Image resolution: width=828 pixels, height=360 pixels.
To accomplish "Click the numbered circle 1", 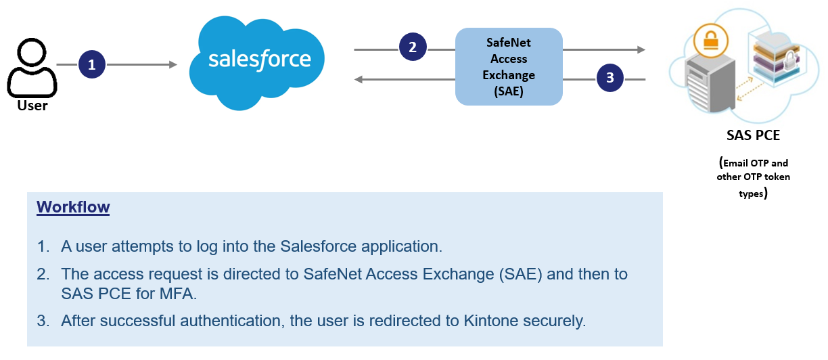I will tap(92, 65).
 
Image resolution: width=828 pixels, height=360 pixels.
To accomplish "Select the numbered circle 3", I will tap(609, 78).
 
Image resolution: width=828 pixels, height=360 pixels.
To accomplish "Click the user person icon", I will tap(32, 69).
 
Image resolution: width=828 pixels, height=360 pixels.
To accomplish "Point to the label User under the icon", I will tap(32, 106).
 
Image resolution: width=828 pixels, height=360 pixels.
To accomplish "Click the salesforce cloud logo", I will tap(258, 61).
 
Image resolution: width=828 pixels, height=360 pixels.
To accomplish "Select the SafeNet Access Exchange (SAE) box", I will tap(509, 66).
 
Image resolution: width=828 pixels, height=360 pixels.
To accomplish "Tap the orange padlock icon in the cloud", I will tap(710, 40).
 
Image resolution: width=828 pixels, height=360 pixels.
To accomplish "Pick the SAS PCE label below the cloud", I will tap(753, 135).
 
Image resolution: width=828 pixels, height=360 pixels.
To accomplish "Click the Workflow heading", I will tap(73, 206).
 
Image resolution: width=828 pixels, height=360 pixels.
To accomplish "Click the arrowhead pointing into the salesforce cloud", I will tap(172, 65).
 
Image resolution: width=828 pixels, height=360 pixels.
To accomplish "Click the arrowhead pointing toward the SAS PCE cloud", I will tap(640, 49).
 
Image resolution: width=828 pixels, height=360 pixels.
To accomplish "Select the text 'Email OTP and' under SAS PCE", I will tap(754, 163).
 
